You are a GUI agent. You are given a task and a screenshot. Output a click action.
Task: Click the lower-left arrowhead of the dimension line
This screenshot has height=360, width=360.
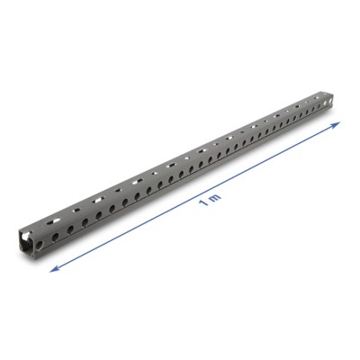pos(52,266)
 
